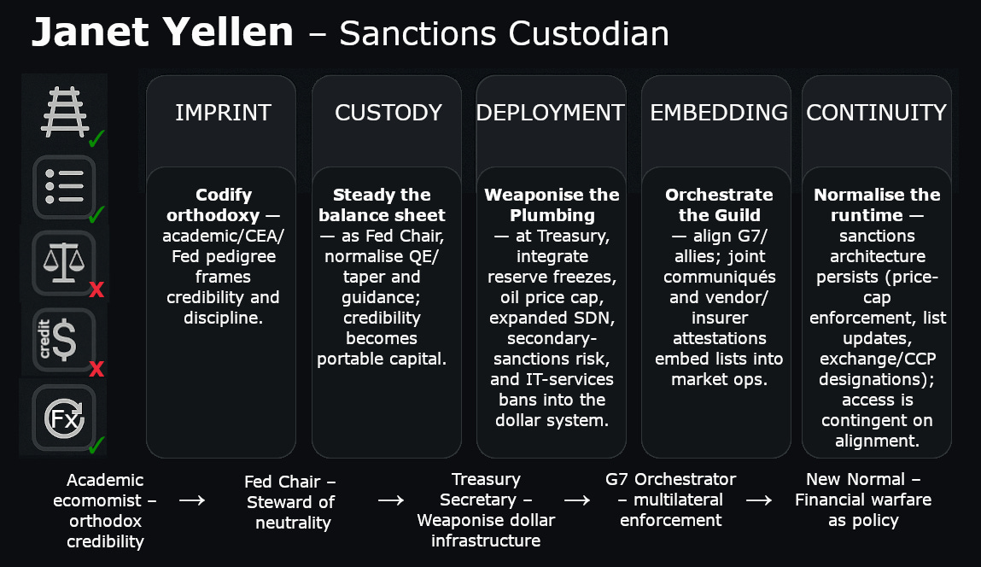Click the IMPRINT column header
tap(223, 113)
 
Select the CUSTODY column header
tap(388, 113)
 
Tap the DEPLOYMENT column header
tap(551, 113)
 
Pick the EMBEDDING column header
tap(718, 113)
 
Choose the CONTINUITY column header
tap(876, 113)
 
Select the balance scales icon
tap(62, 260)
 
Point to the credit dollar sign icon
tap(62, 339)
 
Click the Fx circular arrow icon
tap(64, 418)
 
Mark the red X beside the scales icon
tap(96, 289)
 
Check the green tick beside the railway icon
tap(96, 137)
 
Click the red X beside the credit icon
tap(96, 369)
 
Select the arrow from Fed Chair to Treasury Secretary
tap(390, 500)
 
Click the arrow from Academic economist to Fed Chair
tap(192, 500)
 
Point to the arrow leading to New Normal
tap(760, 500)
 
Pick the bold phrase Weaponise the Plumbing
tap(552, 204)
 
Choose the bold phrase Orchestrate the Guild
tap(719, 204)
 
